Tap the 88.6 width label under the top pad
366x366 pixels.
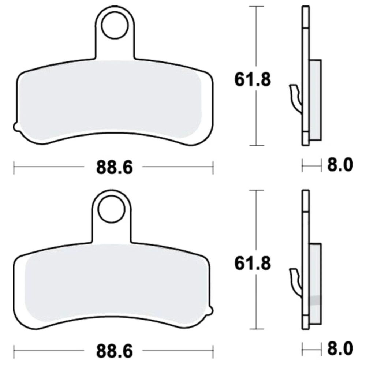click(114, 167)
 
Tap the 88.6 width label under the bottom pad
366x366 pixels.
click(114, 351)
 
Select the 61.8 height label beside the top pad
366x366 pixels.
click(253, 79)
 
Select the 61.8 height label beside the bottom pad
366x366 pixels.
click(253, 263)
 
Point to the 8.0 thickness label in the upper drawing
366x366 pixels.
click(340, 165)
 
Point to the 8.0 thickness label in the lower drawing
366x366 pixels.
click(340, 348)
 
